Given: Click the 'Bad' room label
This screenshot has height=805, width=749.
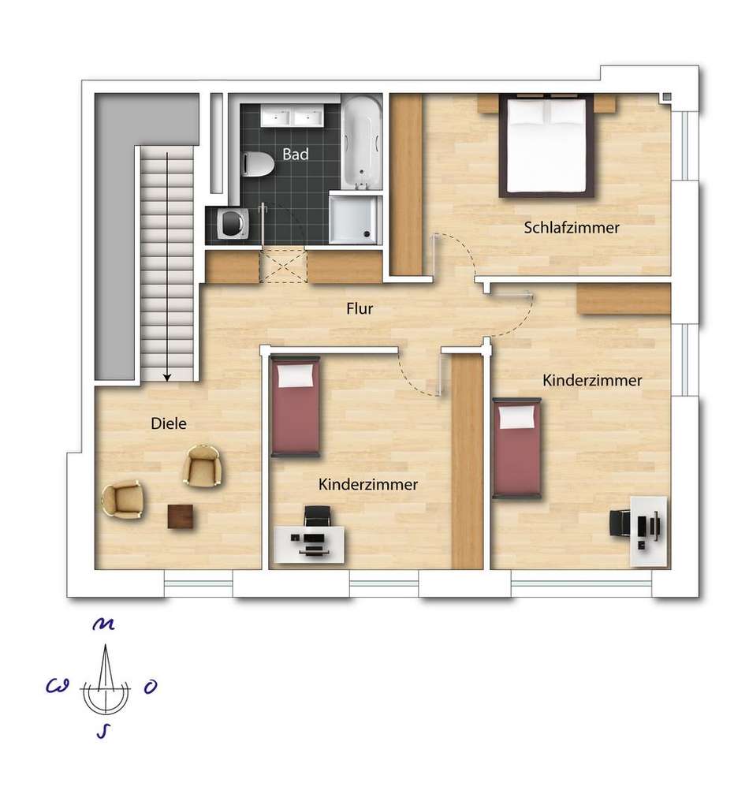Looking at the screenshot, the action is click(295, 154).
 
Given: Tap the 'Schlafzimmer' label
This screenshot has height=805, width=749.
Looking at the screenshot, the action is click(572, 227).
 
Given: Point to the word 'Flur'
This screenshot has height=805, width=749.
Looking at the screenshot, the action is click(360, 308).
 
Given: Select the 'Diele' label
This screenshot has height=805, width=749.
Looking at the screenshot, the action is click(169, 423).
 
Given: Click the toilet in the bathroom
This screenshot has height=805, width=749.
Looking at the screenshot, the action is click(257, 164).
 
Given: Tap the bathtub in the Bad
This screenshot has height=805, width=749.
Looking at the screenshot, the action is click(362, 142).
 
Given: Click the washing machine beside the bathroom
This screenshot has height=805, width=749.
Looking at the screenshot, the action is click(233, 225).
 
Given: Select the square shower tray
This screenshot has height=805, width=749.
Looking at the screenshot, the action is click(355, 218).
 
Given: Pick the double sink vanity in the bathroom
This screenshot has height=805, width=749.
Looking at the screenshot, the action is click(292, 115).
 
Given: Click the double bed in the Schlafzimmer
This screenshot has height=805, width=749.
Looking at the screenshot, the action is click(547, 146).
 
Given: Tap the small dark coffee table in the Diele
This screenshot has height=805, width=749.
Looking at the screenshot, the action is click(181, 516).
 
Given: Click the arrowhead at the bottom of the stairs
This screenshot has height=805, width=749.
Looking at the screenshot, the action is click(167, 378).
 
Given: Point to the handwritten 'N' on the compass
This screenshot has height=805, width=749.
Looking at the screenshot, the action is click(103, 624).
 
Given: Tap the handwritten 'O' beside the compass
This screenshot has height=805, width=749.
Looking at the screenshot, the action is click(150, 687).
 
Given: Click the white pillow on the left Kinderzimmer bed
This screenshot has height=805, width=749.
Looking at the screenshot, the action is click(295, 376).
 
